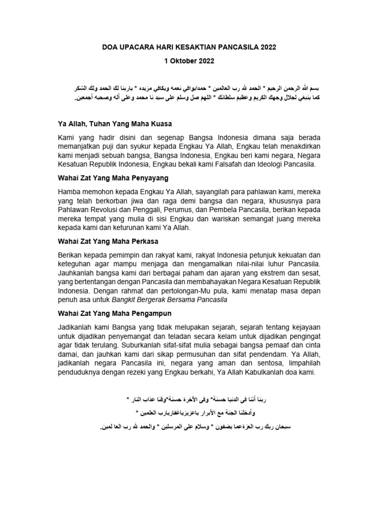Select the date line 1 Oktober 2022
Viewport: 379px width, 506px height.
pos(189,62)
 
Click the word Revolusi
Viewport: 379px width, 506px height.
pos(108,209)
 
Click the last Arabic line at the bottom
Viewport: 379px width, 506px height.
pos(189,425)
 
